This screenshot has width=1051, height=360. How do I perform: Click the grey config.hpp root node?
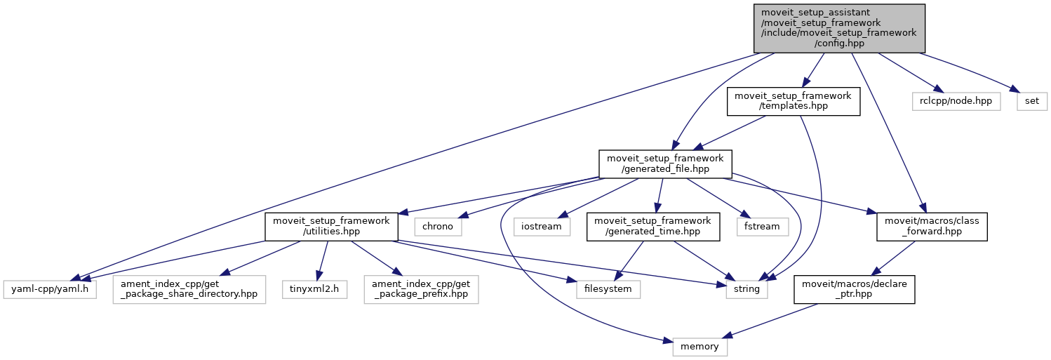coord(839,28)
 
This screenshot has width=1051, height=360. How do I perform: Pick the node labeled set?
coord(1032,101)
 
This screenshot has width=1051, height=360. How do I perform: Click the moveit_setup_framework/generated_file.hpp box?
coord(665,163)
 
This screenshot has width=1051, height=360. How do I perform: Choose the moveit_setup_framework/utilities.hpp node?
coord(331,227)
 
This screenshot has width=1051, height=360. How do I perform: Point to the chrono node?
coord(438,227)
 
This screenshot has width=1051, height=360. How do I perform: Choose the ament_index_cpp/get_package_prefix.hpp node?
coord(421,288)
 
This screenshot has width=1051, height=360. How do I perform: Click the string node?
coord(747,288)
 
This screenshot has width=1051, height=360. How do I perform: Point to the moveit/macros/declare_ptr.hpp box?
coord(854,288)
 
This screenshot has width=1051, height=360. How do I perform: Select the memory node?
coord(699,347)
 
